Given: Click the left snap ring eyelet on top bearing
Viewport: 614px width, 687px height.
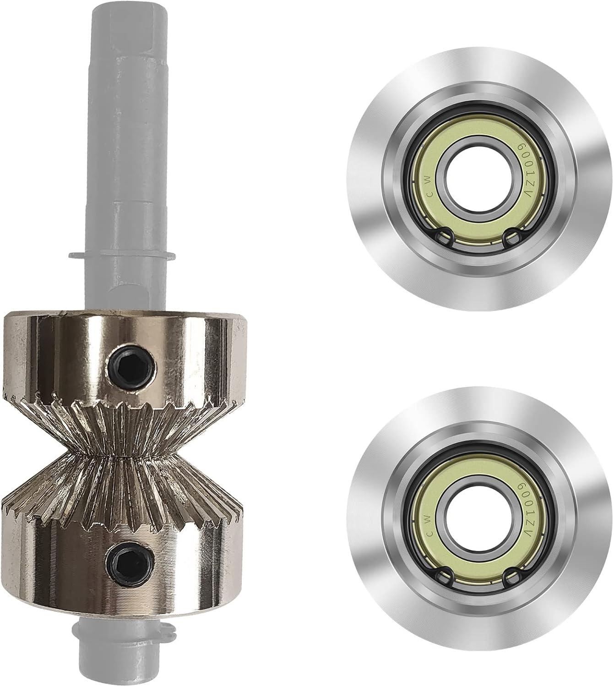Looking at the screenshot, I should pos(444,237).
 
